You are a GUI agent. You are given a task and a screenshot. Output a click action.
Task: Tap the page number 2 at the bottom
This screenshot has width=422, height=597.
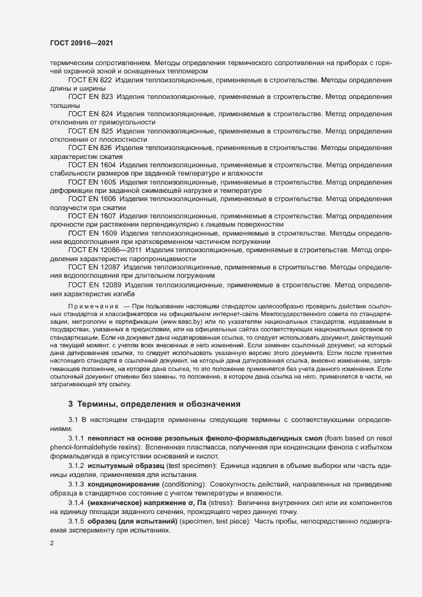coord(52,543)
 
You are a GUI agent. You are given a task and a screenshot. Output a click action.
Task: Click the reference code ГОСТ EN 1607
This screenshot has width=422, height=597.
coord(92,216)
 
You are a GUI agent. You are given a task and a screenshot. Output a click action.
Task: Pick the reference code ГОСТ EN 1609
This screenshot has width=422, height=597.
coord(92,234)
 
